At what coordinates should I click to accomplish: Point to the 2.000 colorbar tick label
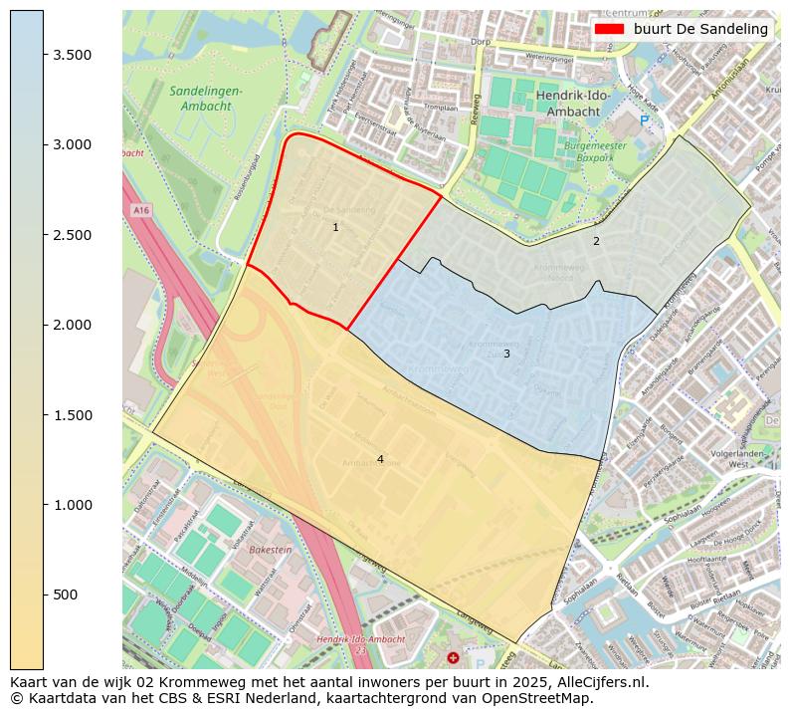[x=73, y=325]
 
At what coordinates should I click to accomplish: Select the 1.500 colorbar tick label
[x=73, y=415]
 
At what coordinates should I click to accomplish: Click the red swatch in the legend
[x=609, y=29]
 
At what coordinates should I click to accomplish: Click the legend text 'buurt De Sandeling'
[x=700, y=29]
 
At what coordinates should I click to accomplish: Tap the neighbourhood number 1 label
[x=335, y=228]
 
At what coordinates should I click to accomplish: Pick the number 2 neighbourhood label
[x=596, y=241]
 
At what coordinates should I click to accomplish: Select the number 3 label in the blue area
[x=505, y=354]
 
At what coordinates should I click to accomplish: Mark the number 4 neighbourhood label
[x=380, y=459]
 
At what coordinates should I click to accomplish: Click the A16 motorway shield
[x=139, y=211]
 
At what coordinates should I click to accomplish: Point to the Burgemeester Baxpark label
[x=595, y=151]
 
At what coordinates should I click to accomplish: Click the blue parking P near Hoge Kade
[x=644, y=120]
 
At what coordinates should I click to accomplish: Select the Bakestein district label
[x=271, y=549]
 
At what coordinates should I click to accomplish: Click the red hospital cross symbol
[x=454, y=657]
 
